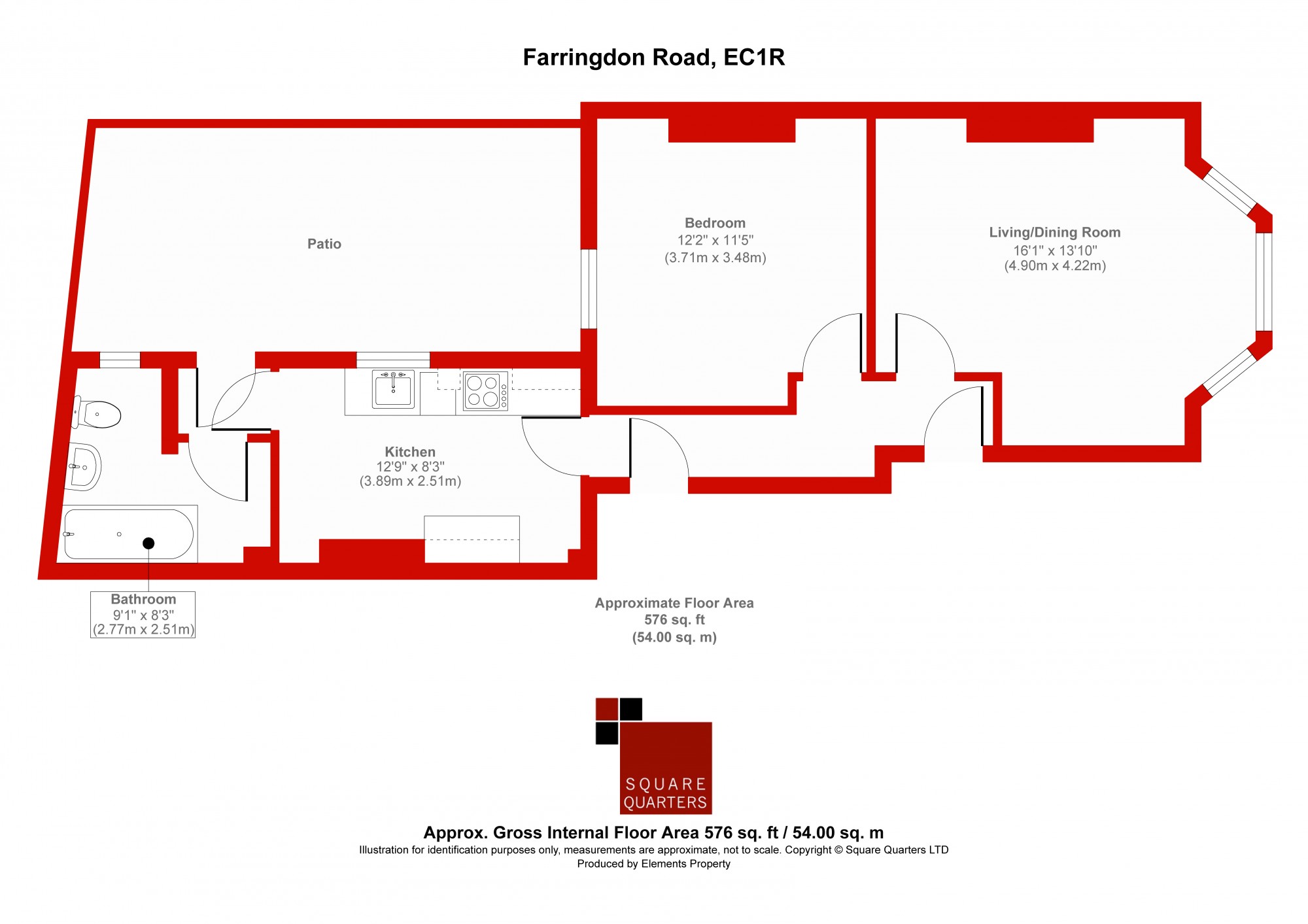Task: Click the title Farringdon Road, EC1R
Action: click(653, 58)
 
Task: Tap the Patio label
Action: click(324, 244)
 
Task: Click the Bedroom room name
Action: click(715, 223)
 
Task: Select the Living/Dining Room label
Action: click(1055, 232)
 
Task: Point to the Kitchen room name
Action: click(410, 452)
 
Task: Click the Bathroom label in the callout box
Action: click(143, 599)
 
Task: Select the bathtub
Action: click(129, 534)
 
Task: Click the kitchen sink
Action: click(393, 389)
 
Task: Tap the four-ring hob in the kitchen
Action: click(485, 391)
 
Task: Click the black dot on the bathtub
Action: click(148, 543)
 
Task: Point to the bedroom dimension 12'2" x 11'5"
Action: click(715, 240)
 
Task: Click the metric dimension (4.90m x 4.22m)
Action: click(1055, 265)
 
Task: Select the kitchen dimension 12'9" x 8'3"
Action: click(410, 467)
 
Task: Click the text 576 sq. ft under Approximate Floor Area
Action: click(674, 619)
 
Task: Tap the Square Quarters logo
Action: click(653, 755)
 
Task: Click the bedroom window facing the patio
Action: click(589, 288)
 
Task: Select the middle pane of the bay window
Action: click(1264, 282)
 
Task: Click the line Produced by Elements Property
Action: click(653, 864)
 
